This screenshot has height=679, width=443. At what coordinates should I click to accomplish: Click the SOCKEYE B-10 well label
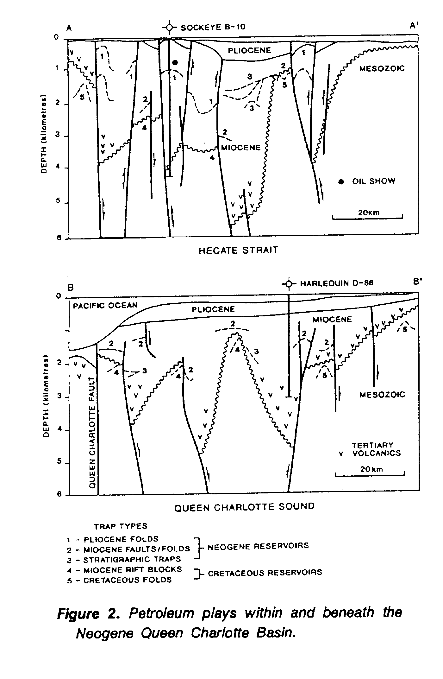[213, 27]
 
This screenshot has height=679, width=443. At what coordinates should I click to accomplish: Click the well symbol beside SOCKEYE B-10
[170, 28]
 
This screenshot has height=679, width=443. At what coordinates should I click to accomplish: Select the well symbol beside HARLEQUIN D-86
[288, 284]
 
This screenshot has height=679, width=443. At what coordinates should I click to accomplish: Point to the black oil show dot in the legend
[341, 182]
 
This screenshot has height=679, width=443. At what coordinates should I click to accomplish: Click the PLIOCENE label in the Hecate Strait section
[249, 50]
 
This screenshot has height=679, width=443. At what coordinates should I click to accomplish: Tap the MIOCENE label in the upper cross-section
[241, 148]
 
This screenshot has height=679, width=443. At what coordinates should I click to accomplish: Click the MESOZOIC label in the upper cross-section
[382, 69]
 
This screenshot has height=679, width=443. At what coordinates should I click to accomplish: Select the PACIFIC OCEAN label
[105, 306]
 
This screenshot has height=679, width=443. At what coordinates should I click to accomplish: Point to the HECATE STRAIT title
[238, 251]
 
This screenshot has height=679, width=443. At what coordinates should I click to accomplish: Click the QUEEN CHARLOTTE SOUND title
[244, 508]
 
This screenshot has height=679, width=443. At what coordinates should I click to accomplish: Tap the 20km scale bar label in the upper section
[368, 213]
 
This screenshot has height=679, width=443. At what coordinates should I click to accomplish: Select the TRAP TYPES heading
[121, 526]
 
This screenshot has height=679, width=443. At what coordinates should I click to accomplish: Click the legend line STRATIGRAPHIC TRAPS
[132, 559]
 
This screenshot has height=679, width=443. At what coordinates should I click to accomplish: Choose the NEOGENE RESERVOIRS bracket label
[258, 546]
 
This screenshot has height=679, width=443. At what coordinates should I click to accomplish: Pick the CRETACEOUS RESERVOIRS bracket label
[265, 573]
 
